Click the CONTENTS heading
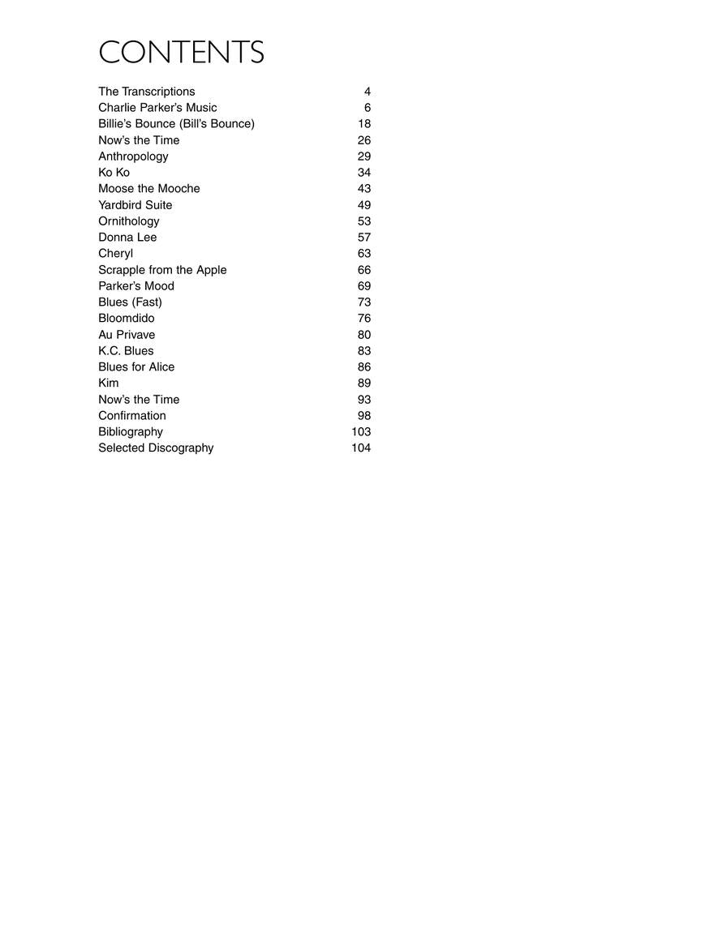pos(181,53)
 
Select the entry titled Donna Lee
pos(127,238)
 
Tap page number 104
pos(361,448)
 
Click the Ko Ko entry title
pos(114,173)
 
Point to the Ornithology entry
pos(129,221)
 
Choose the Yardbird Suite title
pos(135,205)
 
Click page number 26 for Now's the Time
pos(364,140)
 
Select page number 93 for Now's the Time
pos(364,400)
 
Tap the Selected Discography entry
pos(156,448)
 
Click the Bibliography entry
pos(131,432)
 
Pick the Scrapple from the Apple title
pos(162,270)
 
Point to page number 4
pos(368,92)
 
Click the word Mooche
pos(178,189)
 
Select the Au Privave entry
pos(127,335)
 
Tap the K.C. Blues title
pos(126,351)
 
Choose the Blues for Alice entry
pos(136,367)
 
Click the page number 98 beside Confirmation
pos(364,416)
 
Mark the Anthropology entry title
pos(133,156)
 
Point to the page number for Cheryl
pos(364,254)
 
